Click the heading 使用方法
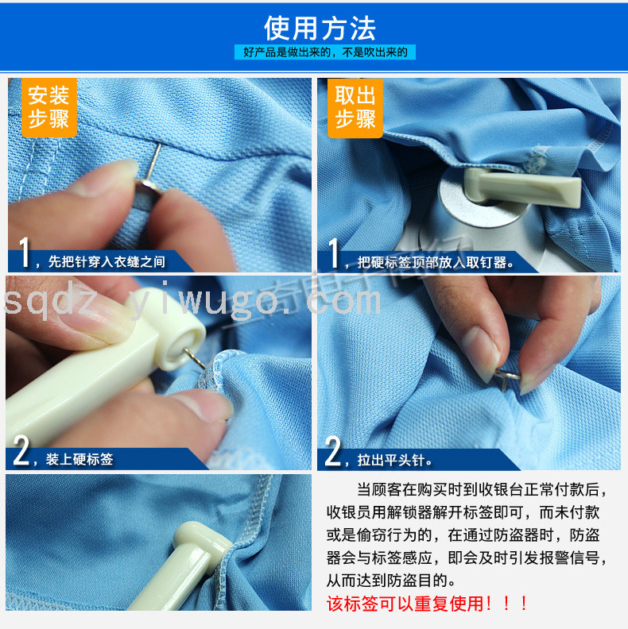[320, 29]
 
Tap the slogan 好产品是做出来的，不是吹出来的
[325, 52]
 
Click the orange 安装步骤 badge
[49, 107]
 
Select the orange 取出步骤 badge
[355, 108]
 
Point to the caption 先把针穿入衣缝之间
[107, 261]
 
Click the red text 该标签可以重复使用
[408, 604]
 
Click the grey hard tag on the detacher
[522, 187]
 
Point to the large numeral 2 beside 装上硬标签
[21, 451]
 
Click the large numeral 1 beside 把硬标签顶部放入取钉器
[334, 253]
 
